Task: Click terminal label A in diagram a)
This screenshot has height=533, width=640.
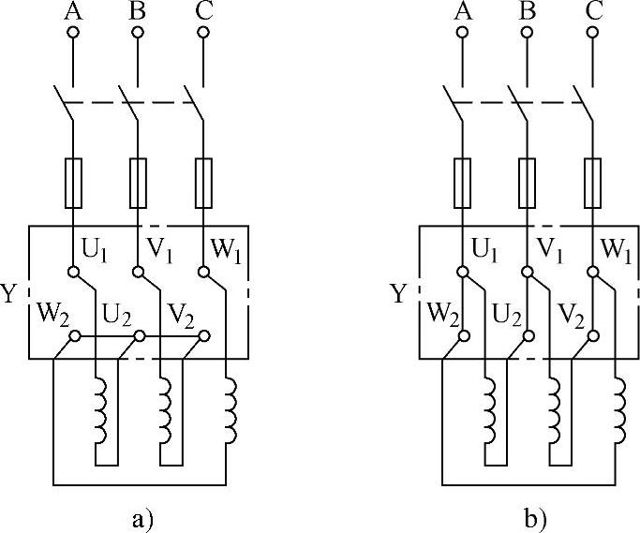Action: tap(72, 11)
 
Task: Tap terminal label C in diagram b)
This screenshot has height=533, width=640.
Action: tap(593, 11)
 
